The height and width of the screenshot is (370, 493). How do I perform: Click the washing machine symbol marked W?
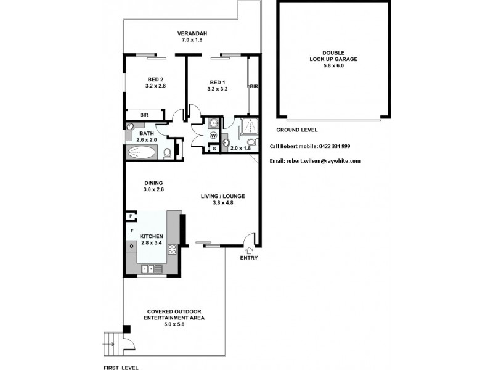pos(214,135)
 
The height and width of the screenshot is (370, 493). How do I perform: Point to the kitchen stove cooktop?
pos(173,250)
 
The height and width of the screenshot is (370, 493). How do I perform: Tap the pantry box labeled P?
pos(130,216)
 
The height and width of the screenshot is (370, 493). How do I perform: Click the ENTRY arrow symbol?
pos(250,250)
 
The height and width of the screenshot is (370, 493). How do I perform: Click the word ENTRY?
pos(250,258)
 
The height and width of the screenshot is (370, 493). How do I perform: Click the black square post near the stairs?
pos(126,329)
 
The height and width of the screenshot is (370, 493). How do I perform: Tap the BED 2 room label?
pos(155,79)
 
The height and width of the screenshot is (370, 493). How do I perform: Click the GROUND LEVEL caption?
pos(296,130)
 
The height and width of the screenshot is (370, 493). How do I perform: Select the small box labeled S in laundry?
pos(214,149)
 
